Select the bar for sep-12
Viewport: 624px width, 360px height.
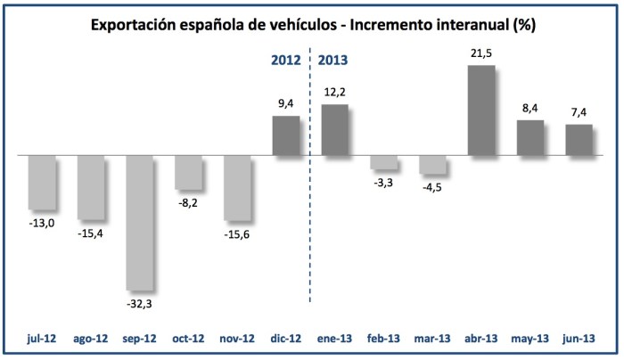[140, 223]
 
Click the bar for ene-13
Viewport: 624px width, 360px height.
[334, 130]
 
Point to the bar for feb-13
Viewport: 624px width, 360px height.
[383, 163]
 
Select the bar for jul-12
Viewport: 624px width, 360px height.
[42, 182]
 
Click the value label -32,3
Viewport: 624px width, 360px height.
[141, 303]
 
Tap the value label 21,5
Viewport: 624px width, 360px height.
[480, 54]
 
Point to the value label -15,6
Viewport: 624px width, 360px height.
[237, 233]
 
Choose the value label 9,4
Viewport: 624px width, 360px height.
[285, 103]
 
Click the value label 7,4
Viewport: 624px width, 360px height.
[579, 112]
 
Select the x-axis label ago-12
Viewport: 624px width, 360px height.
[91, 340]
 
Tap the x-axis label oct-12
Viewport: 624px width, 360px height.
[188, 340]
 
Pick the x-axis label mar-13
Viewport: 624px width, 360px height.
[432, 340]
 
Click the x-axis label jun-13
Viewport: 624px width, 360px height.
[579, 340]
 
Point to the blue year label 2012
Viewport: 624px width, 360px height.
[286, 61]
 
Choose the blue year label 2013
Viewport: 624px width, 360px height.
[333, 61]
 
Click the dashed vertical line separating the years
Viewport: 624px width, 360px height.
[309, 223]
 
